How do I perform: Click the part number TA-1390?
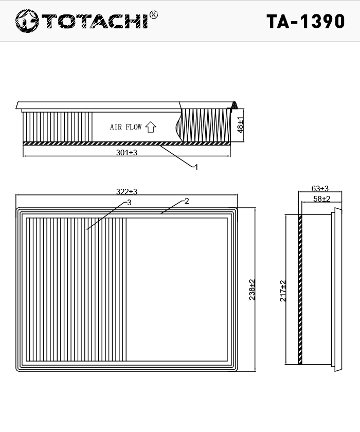point(305,22)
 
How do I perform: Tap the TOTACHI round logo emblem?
point(27,21)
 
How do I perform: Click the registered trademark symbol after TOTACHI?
point(154,15)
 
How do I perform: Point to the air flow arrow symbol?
point(151,127)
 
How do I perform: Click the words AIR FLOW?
point(125,127)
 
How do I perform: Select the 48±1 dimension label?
point(240,125)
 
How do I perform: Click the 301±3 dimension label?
point(127,152)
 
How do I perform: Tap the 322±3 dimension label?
point(127,191)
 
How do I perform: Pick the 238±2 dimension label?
point(252,290)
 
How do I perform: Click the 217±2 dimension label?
point(283,291)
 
